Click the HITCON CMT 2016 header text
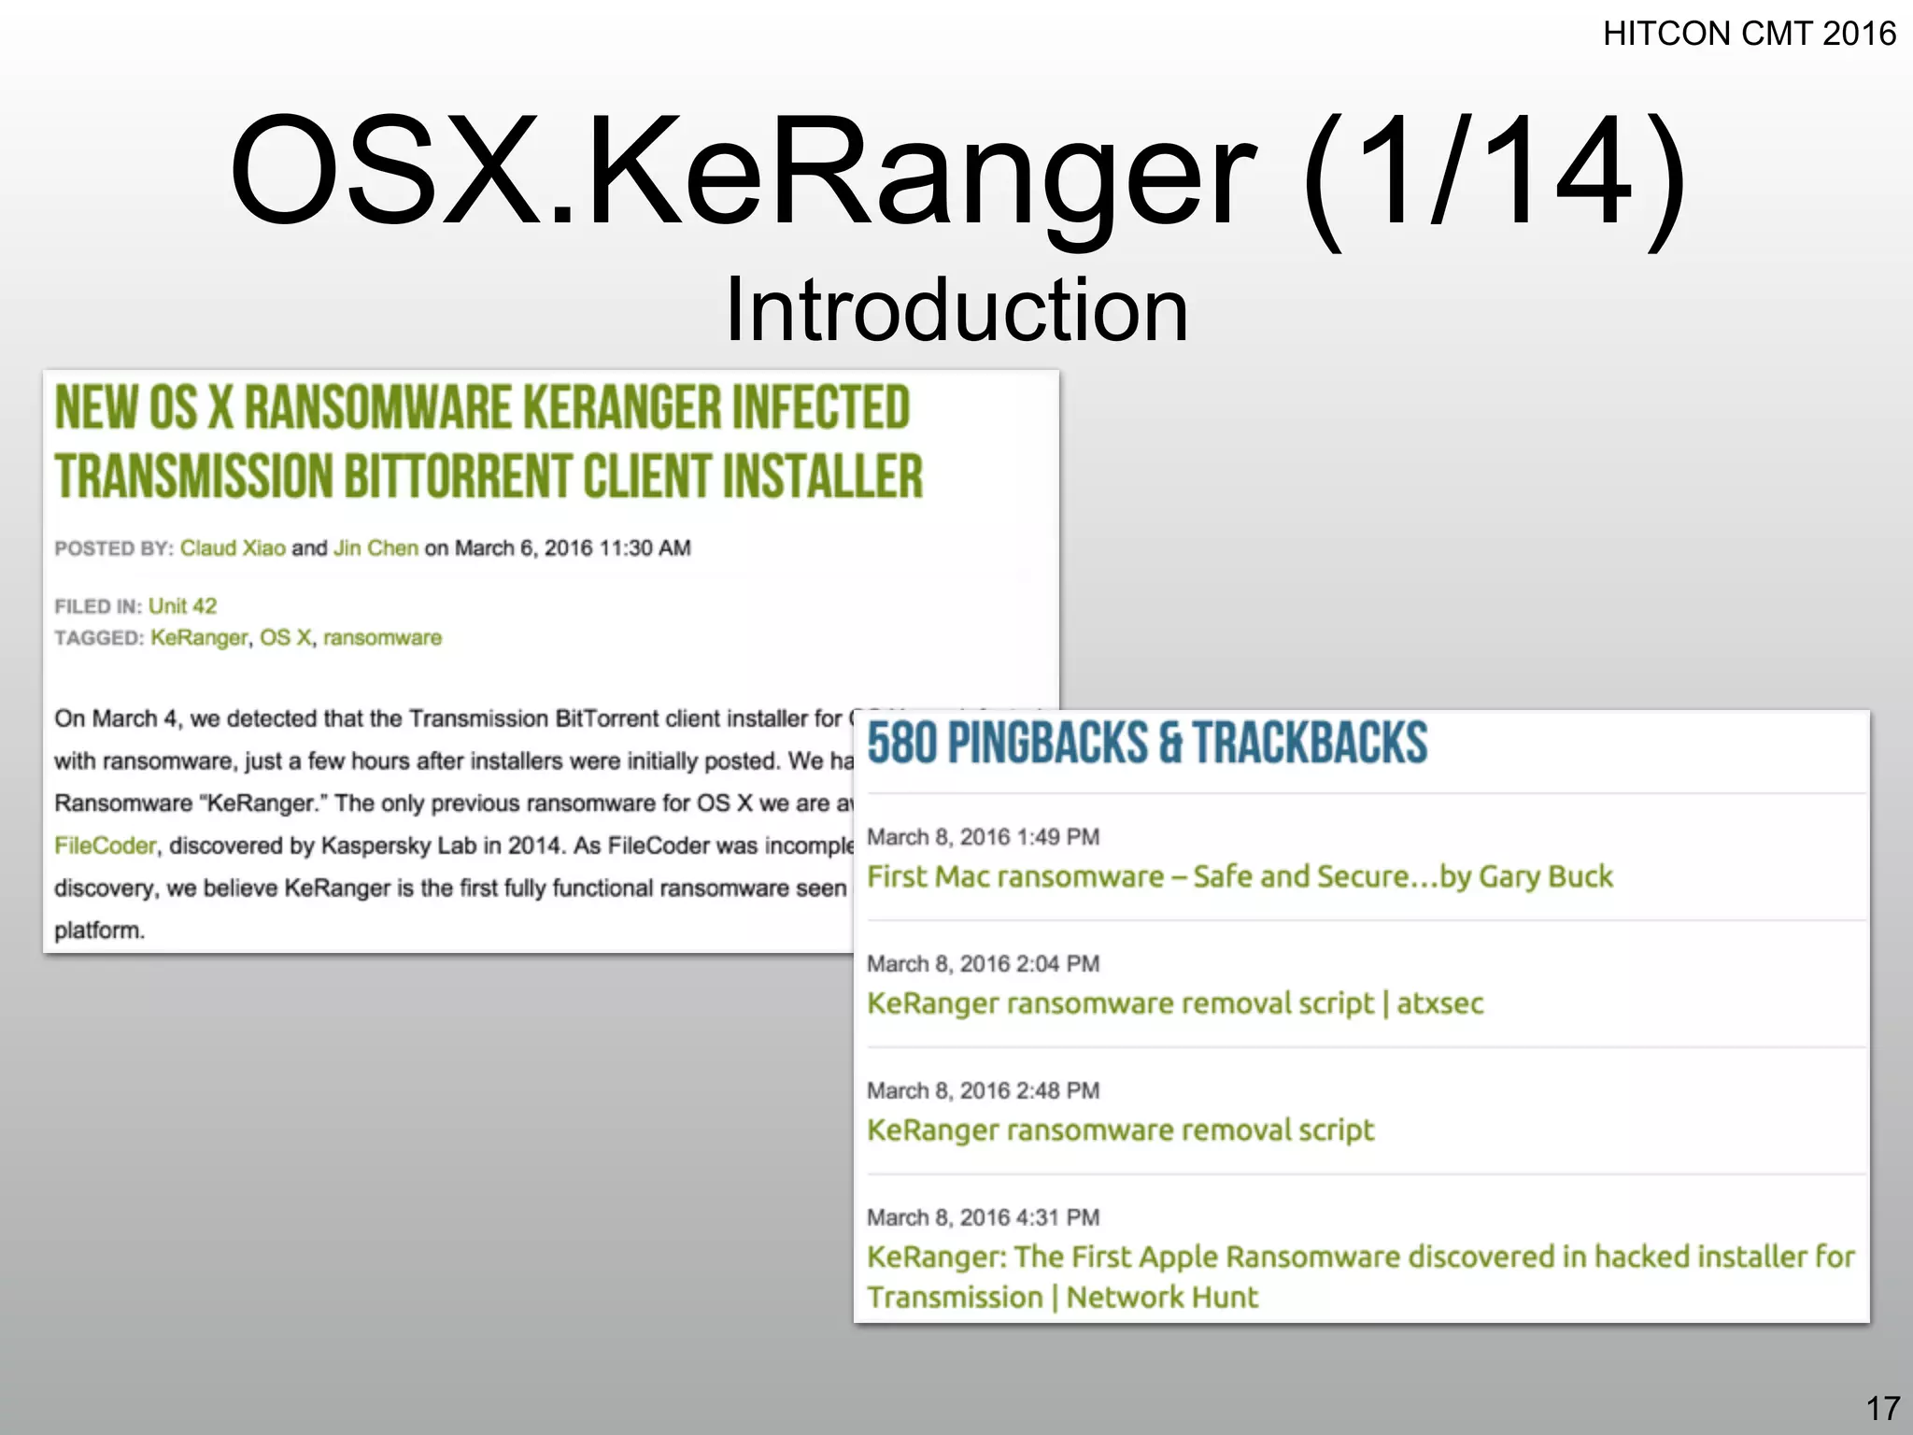1749,35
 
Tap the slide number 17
1882,1408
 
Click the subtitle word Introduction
956,310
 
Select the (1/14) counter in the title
1494,173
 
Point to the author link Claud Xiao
233,548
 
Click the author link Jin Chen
376,548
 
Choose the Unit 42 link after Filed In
182,606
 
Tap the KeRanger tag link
199,638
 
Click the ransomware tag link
382,638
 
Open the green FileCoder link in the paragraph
105,845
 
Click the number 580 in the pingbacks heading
901,744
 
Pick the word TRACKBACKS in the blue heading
1310,744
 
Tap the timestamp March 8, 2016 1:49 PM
983,837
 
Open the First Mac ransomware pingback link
1239,877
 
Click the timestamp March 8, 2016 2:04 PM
983,964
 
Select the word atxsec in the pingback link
1439,1003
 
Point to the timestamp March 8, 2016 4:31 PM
983,1217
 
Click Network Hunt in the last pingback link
1162,1298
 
